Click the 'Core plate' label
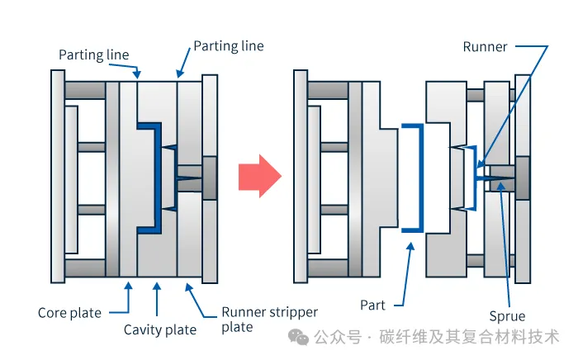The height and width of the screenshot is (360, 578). point(69,313)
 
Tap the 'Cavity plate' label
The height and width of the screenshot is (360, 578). point(160,330)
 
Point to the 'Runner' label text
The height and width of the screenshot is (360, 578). point(485,47)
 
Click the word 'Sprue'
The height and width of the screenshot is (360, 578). point(506,315)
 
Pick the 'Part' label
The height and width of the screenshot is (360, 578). point(373,305)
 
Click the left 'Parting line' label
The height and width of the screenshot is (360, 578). point(94,55)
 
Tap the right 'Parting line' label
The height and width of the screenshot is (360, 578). point(229,45)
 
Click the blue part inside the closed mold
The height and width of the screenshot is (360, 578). point(153,178)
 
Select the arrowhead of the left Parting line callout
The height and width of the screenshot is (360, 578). point(138,73)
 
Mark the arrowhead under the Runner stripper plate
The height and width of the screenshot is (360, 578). point(190,287)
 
